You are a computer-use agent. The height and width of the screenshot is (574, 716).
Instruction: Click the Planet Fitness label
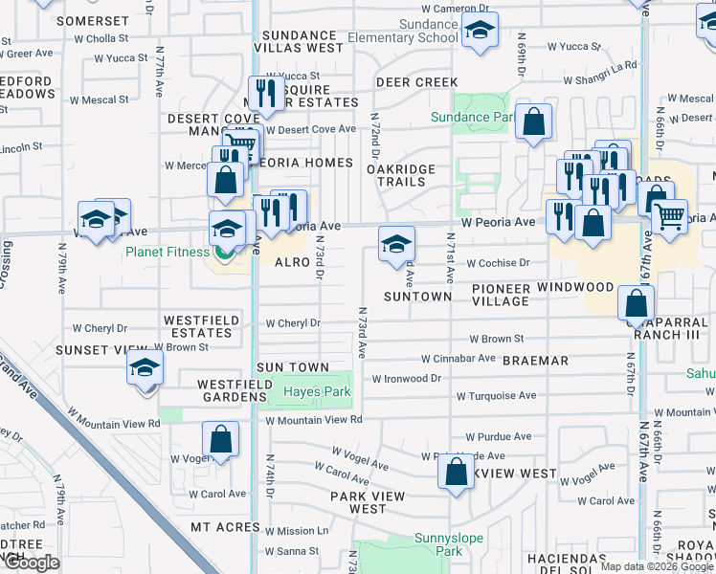[166, 252]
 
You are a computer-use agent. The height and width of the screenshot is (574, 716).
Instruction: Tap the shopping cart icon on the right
[670, 215]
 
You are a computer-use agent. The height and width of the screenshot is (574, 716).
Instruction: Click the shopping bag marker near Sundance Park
[534, 121]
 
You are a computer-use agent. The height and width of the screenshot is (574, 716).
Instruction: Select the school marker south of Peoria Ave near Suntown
[396, 244]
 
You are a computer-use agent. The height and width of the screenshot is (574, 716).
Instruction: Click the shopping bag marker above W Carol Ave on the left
[220, 440]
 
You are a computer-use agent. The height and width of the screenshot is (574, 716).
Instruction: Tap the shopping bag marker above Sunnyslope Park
[456, 471]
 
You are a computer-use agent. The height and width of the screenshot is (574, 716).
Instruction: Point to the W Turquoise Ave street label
[496, 395]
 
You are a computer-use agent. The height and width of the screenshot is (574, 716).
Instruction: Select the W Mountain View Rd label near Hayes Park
[314, 419]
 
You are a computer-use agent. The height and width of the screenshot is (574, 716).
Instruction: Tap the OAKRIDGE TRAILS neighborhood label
[402, 176]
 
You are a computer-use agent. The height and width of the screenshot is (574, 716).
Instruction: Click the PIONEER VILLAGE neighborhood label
[501, 295]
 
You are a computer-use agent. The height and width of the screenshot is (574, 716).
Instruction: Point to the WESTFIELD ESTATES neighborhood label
[198, 326]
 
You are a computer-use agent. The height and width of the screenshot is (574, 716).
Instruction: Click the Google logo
[32, 563]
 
